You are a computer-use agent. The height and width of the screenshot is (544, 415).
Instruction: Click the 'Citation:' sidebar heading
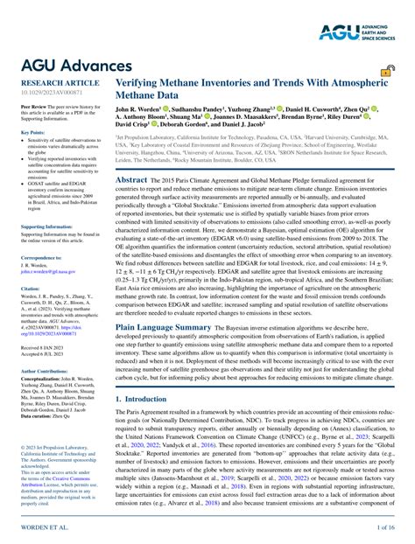click(31, 287)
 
